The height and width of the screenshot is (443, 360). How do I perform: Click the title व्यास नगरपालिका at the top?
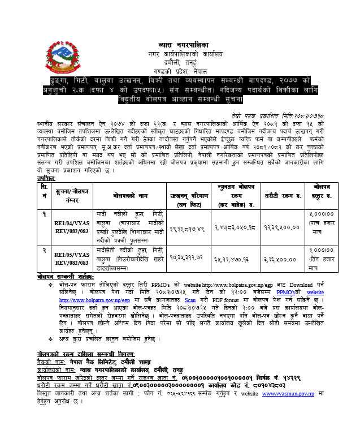[180, 44]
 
